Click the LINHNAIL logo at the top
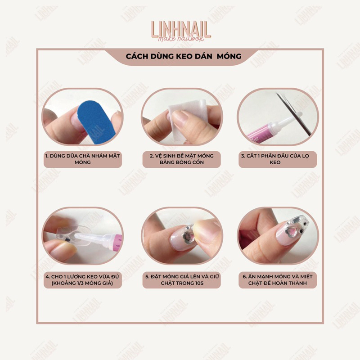click(x=180, y=31)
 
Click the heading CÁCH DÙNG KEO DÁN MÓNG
click(x=184, y=57)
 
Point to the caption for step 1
click(x=83, y=159)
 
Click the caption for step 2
click(x=182, y=159)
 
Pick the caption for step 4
click(x=83, y=280)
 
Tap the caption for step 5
click(x=182, y=280)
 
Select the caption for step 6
click(x=278, y=280)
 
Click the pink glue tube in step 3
click(x=261, y=134)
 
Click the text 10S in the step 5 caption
click(x=198, y=283)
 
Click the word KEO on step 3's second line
click(x=275, y=162)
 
